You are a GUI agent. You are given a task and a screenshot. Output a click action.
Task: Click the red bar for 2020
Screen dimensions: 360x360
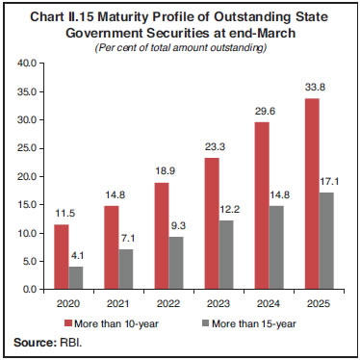(x=61, y=256)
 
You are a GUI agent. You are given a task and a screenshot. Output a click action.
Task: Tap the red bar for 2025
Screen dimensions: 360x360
(x=312, y=193)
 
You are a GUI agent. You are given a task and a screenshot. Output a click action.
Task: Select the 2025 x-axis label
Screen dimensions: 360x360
(x=321, y=301)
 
